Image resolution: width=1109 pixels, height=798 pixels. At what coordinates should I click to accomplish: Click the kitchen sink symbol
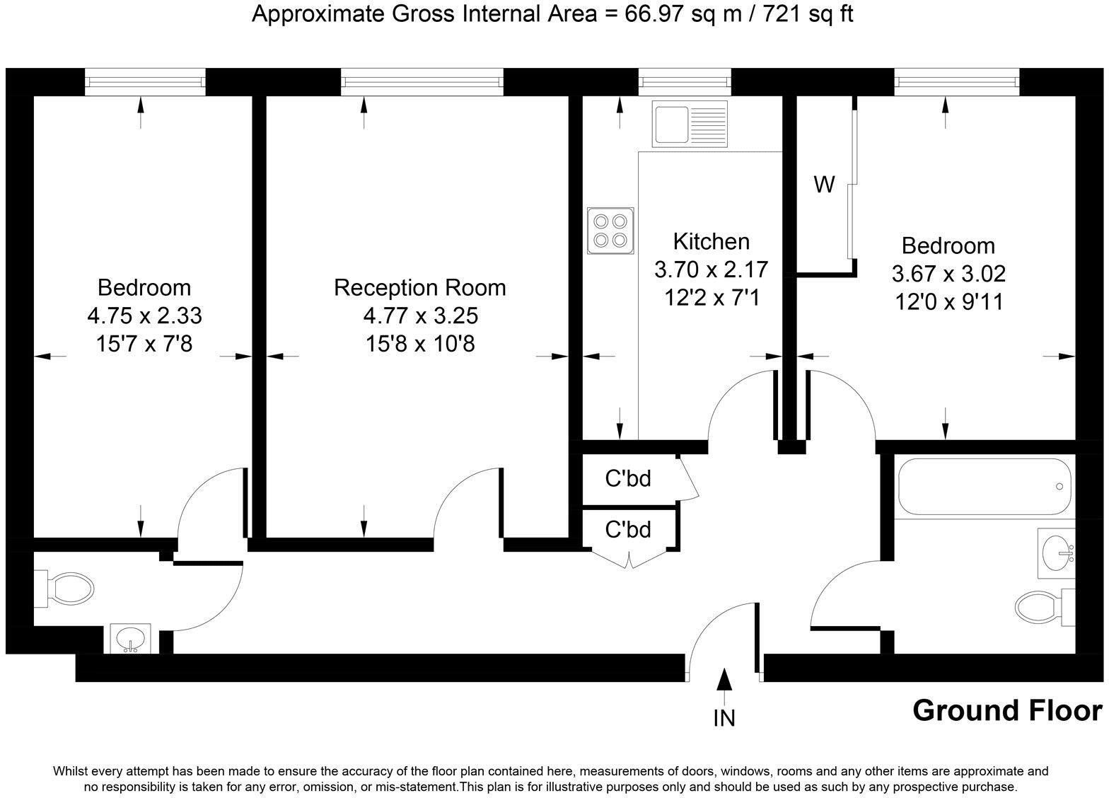click(x=691, y=125)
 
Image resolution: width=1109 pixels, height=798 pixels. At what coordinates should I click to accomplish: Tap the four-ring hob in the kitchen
click(x=610, y=231)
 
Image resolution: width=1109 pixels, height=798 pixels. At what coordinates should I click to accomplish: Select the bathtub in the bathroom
click(x=984, y=487)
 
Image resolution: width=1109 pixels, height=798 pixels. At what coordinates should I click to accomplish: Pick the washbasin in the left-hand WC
click(x=130, y=638)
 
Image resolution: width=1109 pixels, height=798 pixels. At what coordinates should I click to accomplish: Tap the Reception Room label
click(x=420, y=288)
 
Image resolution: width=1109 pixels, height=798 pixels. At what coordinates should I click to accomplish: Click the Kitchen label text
click(x=711, y=242)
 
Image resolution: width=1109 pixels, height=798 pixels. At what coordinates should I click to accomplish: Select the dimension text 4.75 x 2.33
click(x=144, y=316)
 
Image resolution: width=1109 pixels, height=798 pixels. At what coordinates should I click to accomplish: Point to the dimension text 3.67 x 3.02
click(x=948, y=274)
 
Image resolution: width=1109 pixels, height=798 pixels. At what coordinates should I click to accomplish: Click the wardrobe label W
click(x=824, y=185)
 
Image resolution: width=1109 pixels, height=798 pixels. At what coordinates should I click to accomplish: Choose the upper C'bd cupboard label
click(x=628, y=479)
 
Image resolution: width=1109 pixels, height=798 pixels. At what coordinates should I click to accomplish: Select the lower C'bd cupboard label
click(x=628, y=529)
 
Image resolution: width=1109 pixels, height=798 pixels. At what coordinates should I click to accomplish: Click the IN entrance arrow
click(x=724, y=681)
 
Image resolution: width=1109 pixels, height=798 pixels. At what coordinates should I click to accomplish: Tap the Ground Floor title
click(x=1006, y=710)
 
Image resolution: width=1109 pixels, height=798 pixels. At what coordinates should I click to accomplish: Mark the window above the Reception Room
click(x=422, y=82)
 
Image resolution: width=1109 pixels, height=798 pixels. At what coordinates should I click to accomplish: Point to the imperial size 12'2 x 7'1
click(x=711, y=298)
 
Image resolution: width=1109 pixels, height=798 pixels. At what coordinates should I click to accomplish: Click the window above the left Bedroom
click(x=145, y=82)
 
